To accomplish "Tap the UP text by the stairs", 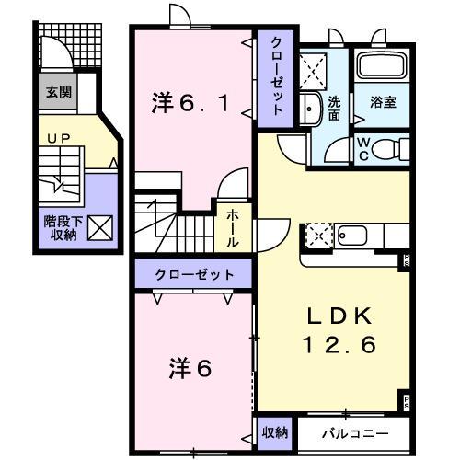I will [x=55, y=140].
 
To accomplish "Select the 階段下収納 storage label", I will [x=60, y=227].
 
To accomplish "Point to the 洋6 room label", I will [x=190, y=368].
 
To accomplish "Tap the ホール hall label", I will [x=234, y=224].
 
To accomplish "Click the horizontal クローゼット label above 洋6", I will [x=194, y=274].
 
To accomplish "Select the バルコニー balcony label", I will [x=355, y=431].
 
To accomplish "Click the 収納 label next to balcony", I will [x=275, y=431].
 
